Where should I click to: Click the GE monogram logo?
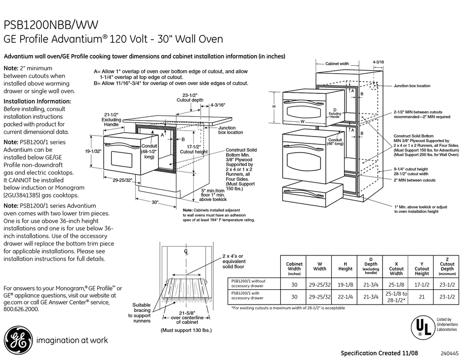(x=17, y=339)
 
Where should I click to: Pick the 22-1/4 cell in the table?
(x=345, y=296)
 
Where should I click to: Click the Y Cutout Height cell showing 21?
(x=421, y=296)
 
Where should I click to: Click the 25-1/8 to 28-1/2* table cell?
(x=396, y=296)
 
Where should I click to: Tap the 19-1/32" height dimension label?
(x=93, y=151)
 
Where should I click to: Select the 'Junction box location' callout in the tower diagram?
(x=411, y=86)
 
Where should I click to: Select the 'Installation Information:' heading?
(x=37, y=101)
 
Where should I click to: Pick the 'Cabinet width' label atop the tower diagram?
(x=337, y=64)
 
